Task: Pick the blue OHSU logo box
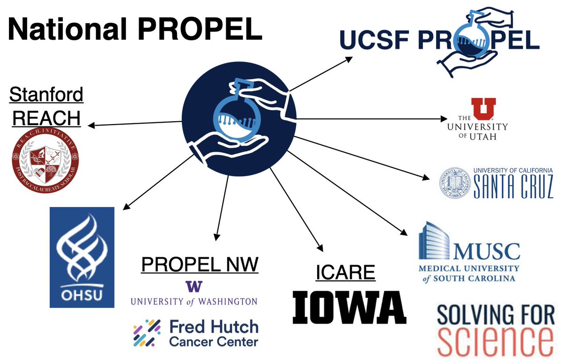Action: pos(82,257)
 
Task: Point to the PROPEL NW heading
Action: pos(200,265)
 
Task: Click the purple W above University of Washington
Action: pos(193,286)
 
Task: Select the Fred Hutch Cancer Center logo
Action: pos(195,333)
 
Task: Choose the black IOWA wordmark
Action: pos(349,307)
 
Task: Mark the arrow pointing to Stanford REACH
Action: pos(136,123)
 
